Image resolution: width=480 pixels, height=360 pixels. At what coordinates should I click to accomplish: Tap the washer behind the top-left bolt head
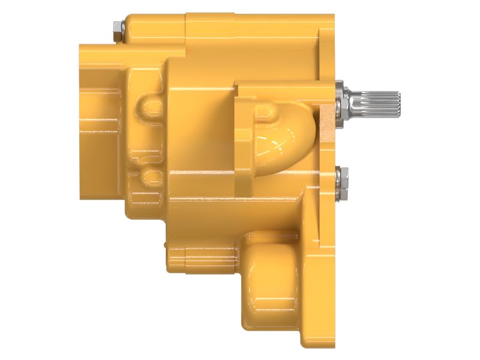[x=122, y=28]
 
